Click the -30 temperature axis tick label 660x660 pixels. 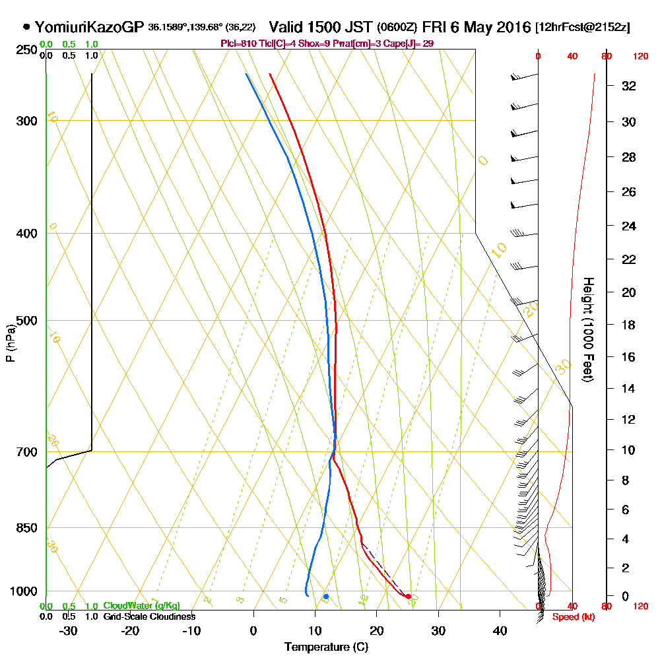coord(69,630)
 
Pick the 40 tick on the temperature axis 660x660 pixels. coord(500,630)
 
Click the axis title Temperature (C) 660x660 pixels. coord(326,647)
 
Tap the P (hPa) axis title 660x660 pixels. coord(10,343)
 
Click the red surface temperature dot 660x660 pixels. coord(409,597)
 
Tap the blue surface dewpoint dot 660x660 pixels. coord(326,597)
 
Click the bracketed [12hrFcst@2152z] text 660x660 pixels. coord(583,28)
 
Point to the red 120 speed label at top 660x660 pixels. coord(640,57)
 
